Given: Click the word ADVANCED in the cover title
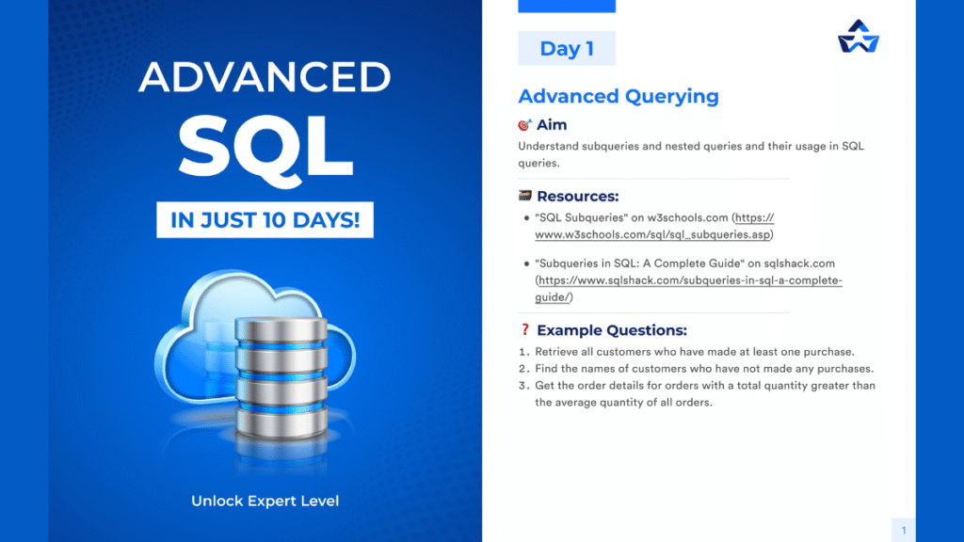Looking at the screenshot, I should (265, 78).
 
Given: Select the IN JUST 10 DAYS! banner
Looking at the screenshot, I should (265, 221).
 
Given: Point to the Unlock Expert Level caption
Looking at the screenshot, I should (265, 501).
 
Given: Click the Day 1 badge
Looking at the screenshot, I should (567, 49).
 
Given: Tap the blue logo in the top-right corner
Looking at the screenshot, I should (858, 37).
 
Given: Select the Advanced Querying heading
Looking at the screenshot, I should (619, 96).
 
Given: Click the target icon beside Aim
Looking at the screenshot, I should (525, 125).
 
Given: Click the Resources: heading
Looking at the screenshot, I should (577, 197).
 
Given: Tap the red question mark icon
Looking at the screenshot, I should (525, 330).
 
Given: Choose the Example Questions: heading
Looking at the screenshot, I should (611, 330).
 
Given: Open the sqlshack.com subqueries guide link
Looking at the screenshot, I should (688, 281).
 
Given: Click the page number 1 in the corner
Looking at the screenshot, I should (903, 531).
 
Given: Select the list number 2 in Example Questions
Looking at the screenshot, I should (523, 369).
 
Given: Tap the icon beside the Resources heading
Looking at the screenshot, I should (525, 197).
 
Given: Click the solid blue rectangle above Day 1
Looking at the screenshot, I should (567, 6).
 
